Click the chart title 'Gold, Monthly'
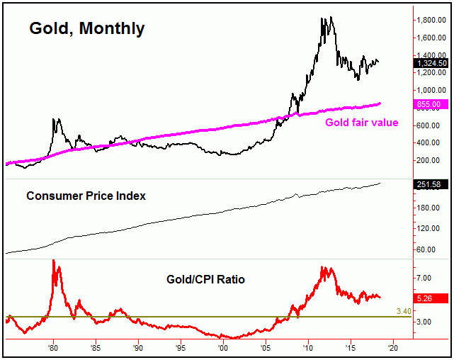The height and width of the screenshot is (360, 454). pos(86,29)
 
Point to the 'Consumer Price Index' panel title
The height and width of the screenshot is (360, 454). pos(86,196)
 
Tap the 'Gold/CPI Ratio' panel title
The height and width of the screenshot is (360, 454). pos(202,279)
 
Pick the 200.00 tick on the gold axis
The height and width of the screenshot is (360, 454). pos(430,161)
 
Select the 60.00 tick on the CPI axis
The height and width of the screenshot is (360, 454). pos(428,249)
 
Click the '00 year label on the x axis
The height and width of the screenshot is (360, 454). pos(223,349)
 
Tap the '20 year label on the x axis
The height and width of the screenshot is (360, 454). pos(393,349)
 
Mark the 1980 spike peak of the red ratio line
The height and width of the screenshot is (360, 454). pos(54,260)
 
